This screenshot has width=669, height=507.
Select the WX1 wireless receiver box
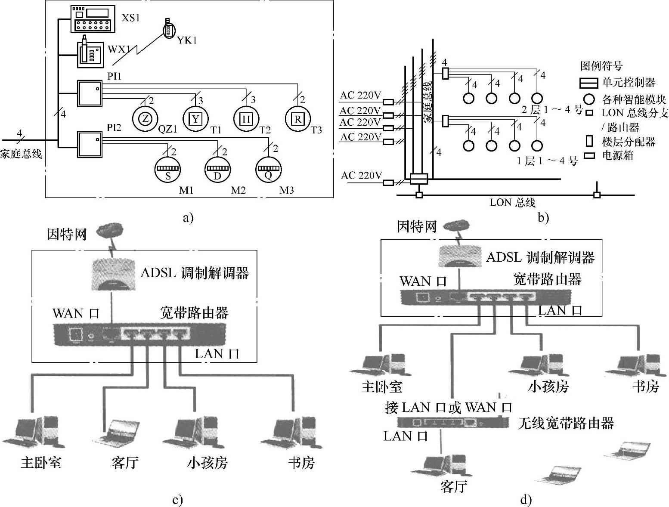pos(90,53)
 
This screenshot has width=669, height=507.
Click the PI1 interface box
pos(89,93)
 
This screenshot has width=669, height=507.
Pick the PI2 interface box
pos(89,144)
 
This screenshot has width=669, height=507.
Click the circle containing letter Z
pos(146,119)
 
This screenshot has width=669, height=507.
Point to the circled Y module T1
pos(196,119)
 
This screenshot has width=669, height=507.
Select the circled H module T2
pos(246,119)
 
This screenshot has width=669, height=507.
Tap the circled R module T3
pos(298,119)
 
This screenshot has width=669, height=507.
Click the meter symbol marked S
pos(168,170)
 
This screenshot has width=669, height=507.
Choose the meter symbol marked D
pos(217,170)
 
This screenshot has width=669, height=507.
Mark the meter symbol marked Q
pos(269,170)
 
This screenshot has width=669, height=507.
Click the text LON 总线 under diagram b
pos(512,203)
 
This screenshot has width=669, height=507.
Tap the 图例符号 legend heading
pos(601,65)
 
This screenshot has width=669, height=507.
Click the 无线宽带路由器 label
pos(566,423)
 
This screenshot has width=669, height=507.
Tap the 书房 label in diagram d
pos(646,386)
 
